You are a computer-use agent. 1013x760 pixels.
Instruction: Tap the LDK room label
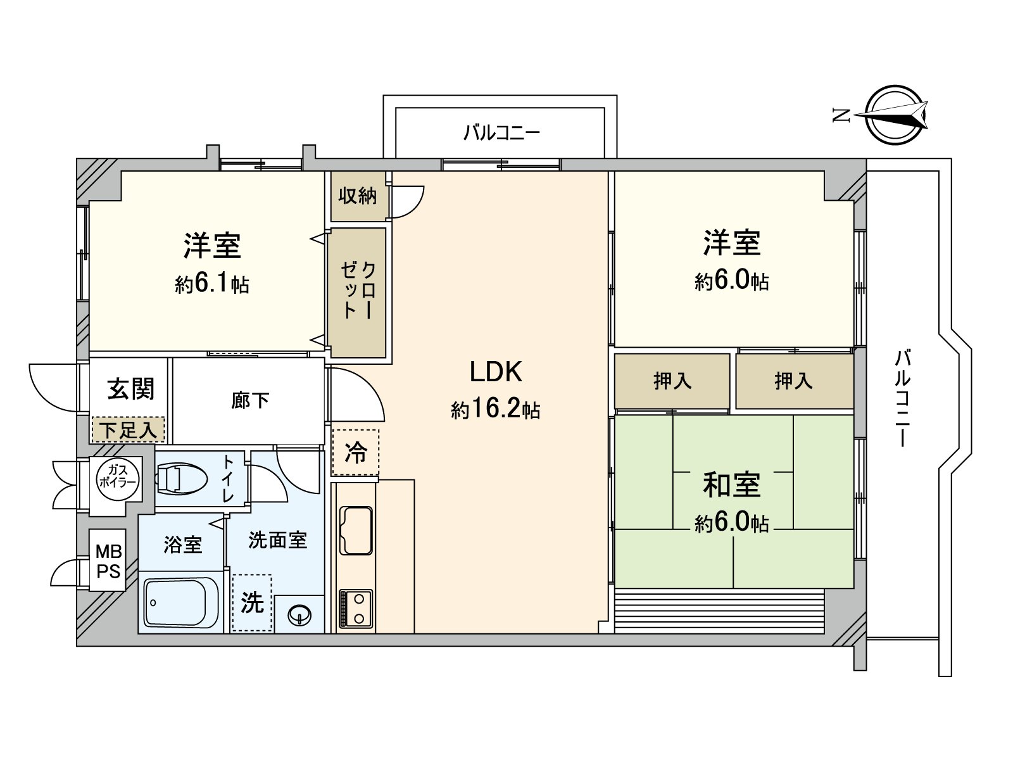click(496, 372)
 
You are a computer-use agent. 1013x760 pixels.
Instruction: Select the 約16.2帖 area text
click(496, 409)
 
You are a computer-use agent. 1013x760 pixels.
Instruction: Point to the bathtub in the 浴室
click(181, 602)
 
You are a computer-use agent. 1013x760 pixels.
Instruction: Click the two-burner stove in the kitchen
click(356, 608)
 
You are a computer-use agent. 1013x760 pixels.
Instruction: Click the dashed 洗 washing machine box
click(251, 602)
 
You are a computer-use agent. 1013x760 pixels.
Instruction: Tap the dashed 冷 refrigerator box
click(355, 452)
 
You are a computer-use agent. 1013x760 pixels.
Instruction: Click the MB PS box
click(108, 560)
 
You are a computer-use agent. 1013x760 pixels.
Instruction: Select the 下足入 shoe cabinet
click(129, 430)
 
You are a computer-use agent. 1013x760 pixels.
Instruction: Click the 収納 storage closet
click(358, 196)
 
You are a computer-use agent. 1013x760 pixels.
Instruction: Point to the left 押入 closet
click(672, 381)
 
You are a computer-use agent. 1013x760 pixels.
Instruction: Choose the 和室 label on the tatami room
click(731, 484)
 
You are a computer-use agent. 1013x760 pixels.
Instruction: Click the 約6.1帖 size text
click(212, 284)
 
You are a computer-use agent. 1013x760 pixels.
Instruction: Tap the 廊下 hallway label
click(250, 400)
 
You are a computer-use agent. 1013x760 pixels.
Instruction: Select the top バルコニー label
click(501, 132)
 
